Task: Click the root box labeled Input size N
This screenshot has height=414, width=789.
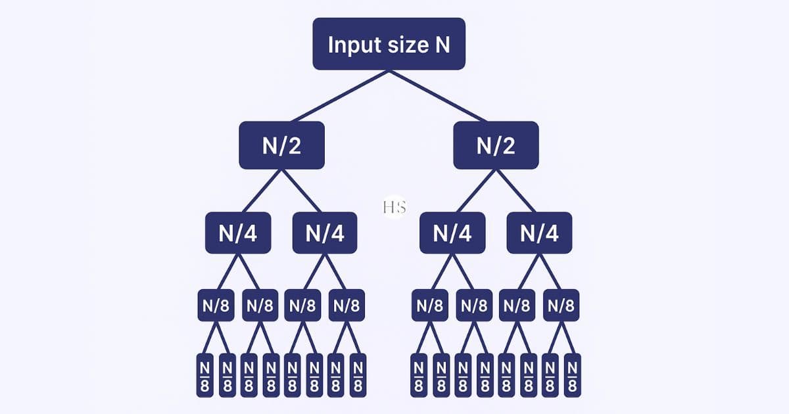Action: click(x=389, y=44)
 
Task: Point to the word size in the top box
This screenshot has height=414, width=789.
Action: click(x=409, y=45)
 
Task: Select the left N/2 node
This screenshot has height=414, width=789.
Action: click(x=281, y=145)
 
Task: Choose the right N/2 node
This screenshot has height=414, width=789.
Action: click(x=496, y=145)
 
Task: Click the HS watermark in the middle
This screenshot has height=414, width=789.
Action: click(x=394, y=208)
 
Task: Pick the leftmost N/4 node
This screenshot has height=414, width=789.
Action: click(x=238, y=233)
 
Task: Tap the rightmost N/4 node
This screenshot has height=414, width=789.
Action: click(x=539, y=233)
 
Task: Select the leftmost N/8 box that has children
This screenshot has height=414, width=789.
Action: click(x=216, y=306)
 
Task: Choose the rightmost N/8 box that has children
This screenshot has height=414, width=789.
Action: click(x=562, y=306)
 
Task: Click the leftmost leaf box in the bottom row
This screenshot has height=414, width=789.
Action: click(x=204, y=375)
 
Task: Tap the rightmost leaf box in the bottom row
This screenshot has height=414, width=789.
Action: click(x=573, y=375)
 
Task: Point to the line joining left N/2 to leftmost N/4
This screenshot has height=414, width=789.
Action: click(x=260, y=191)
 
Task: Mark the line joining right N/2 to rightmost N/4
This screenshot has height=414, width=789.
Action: click(x=517, y=191)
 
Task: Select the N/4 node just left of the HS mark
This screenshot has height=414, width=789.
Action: click(x=325, y=233)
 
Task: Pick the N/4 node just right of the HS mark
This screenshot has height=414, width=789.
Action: click(x=452, y=233)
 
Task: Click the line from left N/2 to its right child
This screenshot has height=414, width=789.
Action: click(x=303, y=191)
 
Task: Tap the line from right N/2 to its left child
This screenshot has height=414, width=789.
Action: click(x=474, y=191)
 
